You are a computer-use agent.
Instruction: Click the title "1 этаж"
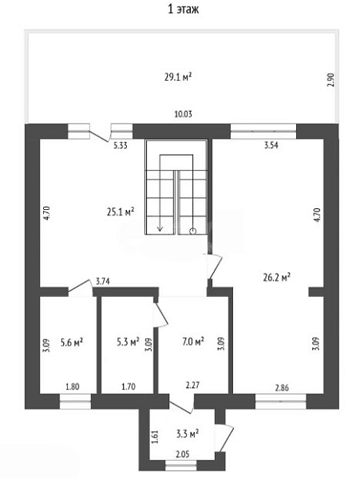click(184, 9)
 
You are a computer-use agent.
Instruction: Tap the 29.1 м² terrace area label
click(178, 77)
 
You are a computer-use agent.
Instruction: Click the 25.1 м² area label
click(121, 212)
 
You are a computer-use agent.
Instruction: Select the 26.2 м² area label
click(277, 277)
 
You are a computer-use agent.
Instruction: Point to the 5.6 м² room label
click(72, 342)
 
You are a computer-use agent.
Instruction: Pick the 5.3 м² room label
click(128, 342)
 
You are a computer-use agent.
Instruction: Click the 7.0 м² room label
click(193, 342)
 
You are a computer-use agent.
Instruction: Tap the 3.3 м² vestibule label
click(188, 433)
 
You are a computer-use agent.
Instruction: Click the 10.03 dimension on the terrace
click(184, 114)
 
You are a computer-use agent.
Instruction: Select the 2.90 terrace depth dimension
click(331, 80)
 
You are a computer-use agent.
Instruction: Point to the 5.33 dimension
click(121, 145)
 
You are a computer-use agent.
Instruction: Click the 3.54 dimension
click(271, 145)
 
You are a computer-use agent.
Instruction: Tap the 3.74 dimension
click(103, 281)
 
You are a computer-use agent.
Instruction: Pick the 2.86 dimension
click(282, 388)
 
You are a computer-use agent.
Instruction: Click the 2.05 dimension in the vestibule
click(183, 454)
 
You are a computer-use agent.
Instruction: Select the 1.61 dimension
click(155, 437)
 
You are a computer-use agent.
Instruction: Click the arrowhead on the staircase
click(160, 228)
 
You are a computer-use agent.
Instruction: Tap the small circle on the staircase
click(192, 231)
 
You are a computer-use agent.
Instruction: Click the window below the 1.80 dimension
click(75, 402)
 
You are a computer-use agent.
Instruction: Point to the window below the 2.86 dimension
click(281, 402)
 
